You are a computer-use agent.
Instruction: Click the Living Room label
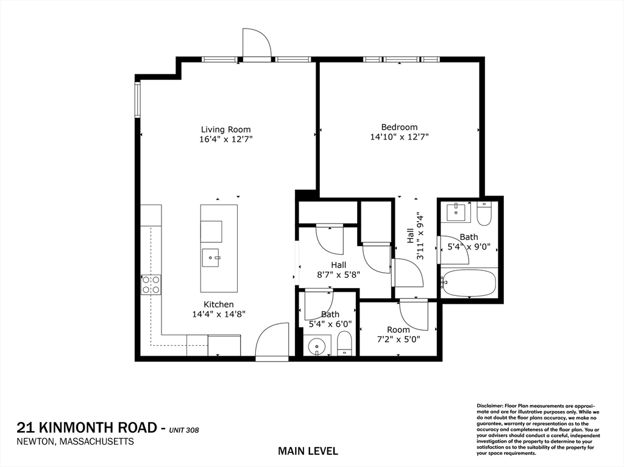(x=225, y=130)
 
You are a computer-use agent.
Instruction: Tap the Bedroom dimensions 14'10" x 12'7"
(x=399, y=138)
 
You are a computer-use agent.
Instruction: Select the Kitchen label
(x=218, y=304)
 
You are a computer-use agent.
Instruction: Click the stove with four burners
(x=151, y=284)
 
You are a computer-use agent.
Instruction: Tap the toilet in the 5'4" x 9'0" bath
(x=485, y=214)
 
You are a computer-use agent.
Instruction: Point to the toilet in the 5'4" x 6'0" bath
(x=344, y=344)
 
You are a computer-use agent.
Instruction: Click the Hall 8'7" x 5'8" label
(x=338, y=270)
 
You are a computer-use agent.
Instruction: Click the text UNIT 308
(x=185, y=430)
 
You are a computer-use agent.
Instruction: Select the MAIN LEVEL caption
(x=308, y=451)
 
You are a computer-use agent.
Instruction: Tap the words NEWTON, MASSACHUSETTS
(x=75, y=441)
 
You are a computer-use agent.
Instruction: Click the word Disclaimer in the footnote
(x=489, y=406)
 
